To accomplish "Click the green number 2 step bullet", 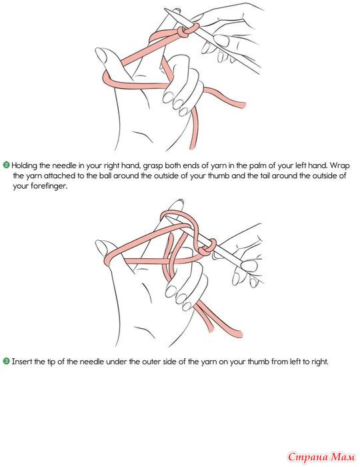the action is tap(7, 165).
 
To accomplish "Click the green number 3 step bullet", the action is tap(7, 362).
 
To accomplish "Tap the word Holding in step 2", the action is tap(25, 165).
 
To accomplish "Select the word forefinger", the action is tap(47, 186).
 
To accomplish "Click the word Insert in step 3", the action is tap(22, 362).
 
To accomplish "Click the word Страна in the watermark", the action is tap(308, 457).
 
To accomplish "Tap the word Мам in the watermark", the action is tap(343, 457).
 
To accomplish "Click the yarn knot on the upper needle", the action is tap(183, 31).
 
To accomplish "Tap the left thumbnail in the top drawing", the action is tap(101, 55).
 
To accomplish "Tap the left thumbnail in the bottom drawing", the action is tap(101, 248).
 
